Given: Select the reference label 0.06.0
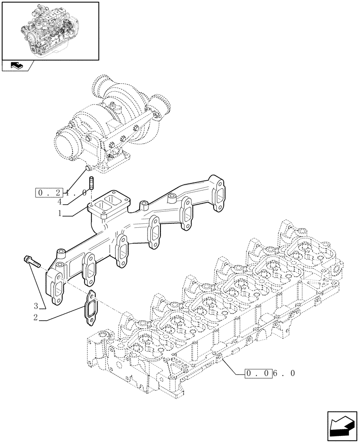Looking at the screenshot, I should point(270,373).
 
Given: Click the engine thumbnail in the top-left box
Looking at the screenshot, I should point(50,30).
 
